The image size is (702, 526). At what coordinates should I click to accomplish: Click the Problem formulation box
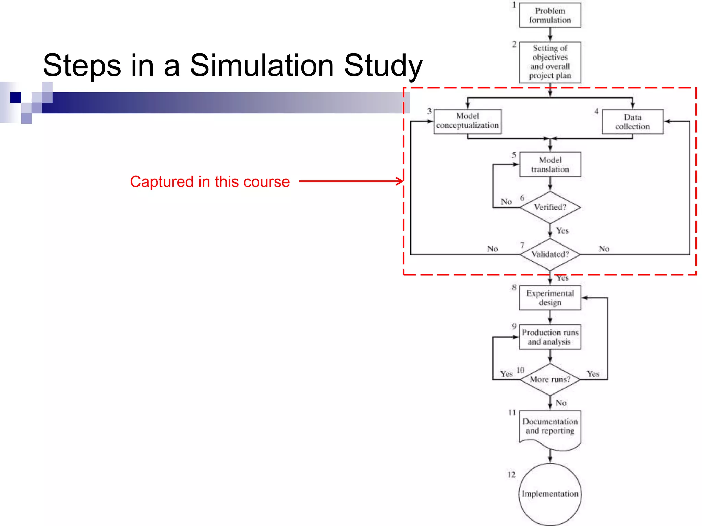(x=550, y=15)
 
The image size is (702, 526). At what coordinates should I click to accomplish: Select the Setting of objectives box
(x=550, y=62)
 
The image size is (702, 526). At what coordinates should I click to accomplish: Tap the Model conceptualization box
(x=467, y=121)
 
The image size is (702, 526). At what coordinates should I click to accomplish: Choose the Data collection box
(x=632, y=122)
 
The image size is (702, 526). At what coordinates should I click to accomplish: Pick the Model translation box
(x=550, y=164)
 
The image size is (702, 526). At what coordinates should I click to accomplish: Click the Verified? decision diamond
(x=550, y=207)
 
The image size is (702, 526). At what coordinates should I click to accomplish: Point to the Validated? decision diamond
(x=550, y=254)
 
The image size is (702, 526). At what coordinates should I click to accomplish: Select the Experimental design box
(x=550, y=298)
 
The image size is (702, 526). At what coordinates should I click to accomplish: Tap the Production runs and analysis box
(x=550, y=337)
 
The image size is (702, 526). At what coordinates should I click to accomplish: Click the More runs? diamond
(x=550, y=379)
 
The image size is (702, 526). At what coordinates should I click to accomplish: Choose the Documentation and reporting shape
(x=550, y=428)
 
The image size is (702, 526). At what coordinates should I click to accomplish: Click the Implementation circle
(x=550, y=493)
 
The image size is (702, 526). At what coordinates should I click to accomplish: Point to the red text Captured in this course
(x=210, y=181)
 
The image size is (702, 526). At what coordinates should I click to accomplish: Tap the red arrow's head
(x=400, y=181)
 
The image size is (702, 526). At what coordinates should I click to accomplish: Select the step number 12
(x=511, y=475)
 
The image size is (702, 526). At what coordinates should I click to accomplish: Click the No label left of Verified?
(x=506, y=202)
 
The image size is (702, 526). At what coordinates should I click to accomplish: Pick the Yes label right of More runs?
(x=593, y=374)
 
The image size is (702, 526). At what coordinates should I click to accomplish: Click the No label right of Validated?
(x=604, y=249)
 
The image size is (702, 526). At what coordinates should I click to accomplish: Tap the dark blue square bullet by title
(x=15, y=98)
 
